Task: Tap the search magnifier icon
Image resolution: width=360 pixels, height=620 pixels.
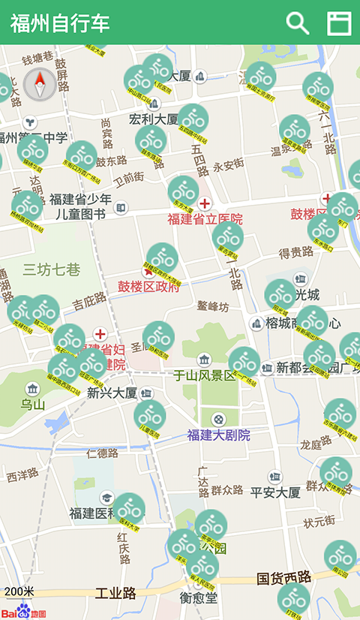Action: click(x=298, y=23)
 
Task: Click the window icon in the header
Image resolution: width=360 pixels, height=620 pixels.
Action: click(x=339, y=23)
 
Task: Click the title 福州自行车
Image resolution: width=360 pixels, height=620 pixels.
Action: click(x=61, y=23)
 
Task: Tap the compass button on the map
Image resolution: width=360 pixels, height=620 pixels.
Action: click(x=40, y=84)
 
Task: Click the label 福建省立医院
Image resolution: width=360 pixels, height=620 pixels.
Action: click(x=205, y=220)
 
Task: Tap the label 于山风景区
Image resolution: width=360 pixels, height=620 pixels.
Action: click(x=205, y=375)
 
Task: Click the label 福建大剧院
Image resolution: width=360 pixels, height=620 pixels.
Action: click(x=219, y=435)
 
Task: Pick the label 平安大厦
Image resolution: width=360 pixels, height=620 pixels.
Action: click(x=275, y=492)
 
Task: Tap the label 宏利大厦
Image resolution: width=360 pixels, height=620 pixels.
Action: click(x=154, y=119)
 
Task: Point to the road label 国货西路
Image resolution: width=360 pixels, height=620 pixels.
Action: click(x=284, y=578)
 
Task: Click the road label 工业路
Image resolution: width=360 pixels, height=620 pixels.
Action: click(x=115, y=594)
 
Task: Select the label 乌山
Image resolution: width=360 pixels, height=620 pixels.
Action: click(x=33, y=405)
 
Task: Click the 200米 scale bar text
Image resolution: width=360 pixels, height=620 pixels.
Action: click(x=19, y=592)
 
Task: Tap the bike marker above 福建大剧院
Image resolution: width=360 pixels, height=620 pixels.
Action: click(x=150, y=415)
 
